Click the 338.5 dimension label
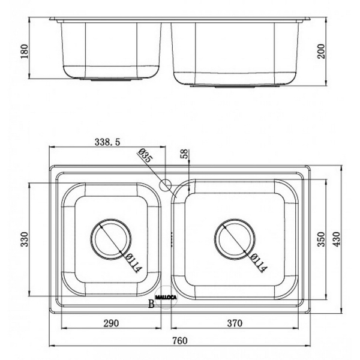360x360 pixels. coord(108,142)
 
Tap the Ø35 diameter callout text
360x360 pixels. coord(145,157)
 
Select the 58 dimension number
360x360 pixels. coord(184,154)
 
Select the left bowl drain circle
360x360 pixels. coord(110,238)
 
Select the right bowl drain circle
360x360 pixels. coord(235,238)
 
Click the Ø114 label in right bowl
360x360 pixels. coord(258,262)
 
